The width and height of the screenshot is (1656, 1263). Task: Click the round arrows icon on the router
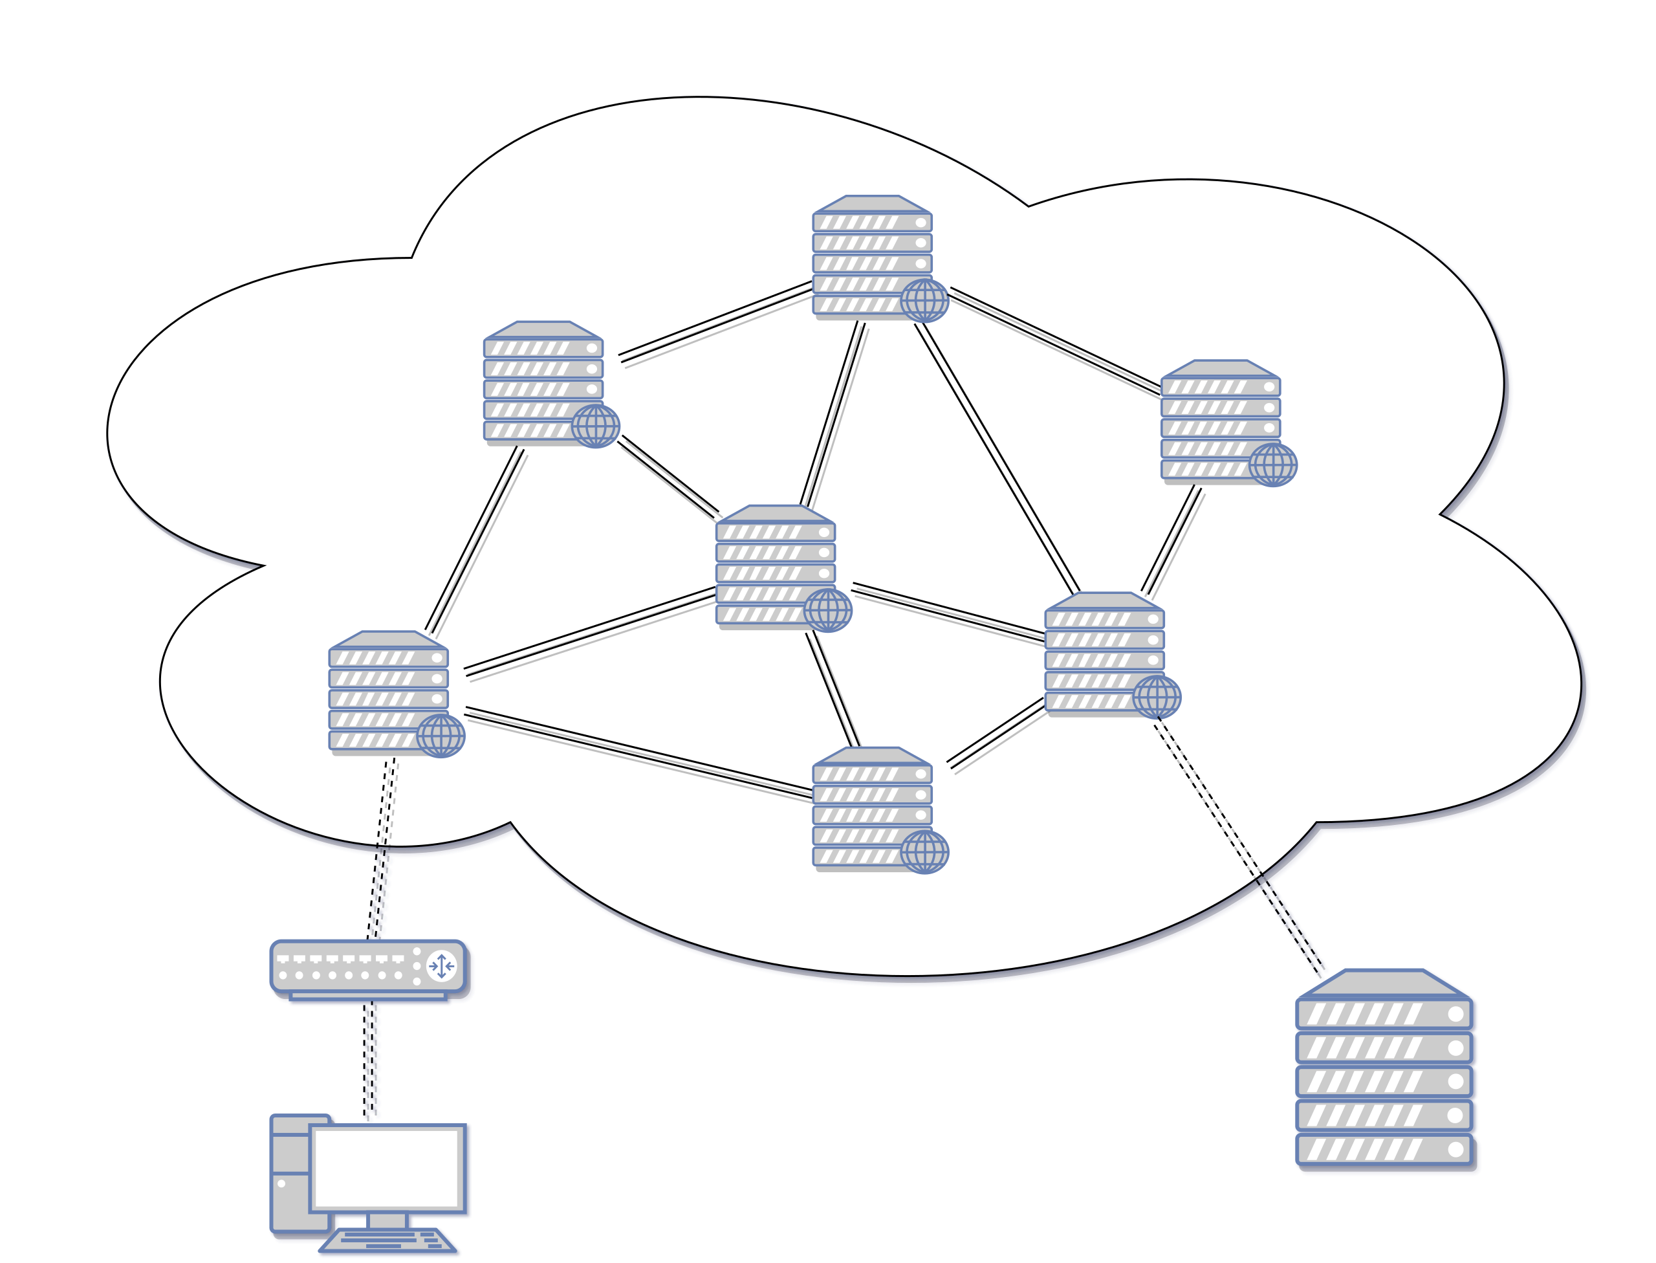click(x=441, y=965)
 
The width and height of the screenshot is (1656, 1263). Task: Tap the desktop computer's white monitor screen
click(x=386, y=1169)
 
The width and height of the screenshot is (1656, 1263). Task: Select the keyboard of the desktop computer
click(x=389, y=1241)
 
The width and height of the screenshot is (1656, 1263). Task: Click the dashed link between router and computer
click(x=372, y=1060)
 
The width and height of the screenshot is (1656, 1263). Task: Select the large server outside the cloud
click(x=1384, y=1071)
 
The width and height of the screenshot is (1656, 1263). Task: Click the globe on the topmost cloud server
click(x=924, y=300)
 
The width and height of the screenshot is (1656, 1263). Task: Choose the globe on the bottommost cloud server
click(x=924, y=851)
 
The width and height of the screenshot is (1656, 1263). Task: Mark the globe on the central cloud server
click(x=827, y=609)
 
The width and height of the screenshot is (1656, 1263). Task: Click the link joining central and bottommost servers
click(x=833, y=689)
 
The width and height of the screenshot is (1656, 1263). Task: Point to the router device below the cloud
click(x=368, y=969)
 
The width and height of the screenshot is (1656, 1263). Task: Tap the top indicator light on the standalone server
click(x=1455, y=1014)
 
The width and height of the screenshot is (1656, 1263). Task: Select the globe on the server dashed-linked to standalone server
click(x=1157, y=696)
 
